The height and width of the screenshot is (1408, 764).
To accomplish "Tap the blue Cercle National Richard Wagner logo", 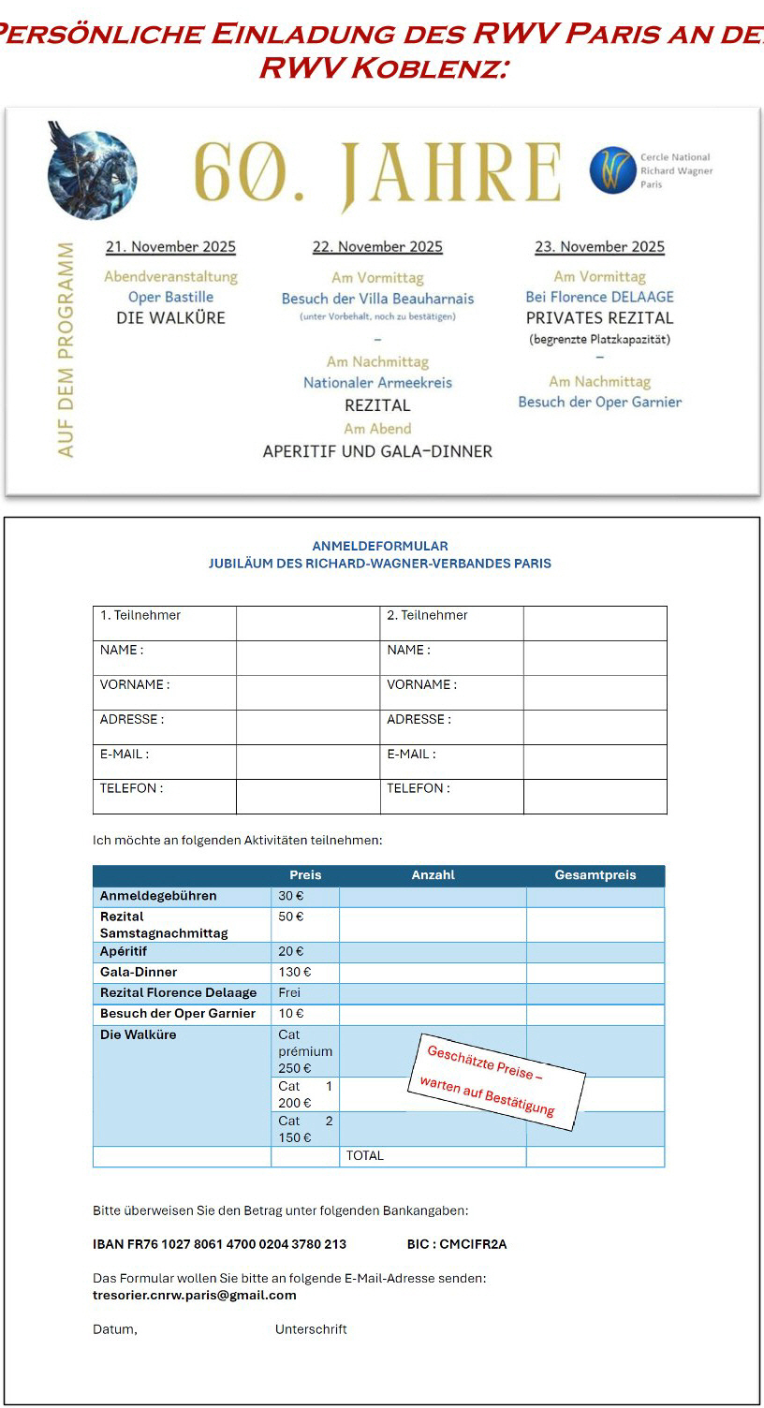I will [x=613, y=170].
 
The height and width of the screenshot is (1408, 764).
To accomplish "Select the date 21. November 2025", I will [x=170, y=247].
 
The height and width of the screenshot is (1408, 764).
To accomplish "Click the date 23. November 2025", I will [x=599, y=247].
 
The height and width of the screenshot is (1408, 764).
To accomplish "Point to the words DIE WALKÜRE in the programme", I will [x=170, y=317].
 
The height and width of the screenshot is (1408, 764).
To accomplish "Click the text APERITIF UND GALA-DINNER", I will [x=377, y=451].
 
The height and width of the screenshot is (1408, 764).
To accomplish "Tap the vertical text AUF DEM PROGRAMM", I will [x=66, y=349].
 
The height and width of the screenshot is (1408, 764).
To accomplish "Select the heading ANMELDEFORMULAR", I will [x=379, y=546].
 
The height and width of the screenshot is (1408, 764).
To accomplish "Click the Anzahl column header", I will [x=433, y=875].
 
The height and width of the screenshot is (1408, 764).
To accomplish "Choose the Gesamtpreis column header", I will [x=595, y=875].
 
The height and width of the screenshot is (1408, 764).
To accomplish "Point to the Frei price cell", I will [x=290, y=992].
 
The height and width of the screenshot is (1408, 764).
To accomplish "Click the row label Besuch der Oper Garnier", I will [x=178, y=1014].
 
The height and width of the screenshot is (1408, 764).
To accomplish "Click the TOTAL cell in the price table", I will [x=365, y=1156].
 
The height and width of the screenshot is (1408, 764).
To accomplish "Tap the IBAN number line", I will [x=219, y=1244].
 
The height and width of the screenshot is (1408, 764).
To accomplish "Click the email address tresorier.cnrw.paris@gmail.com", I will [x=194, y=1296].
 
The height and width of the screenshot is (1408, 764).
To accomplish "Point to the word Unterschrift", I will [x=311, y=1329].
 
